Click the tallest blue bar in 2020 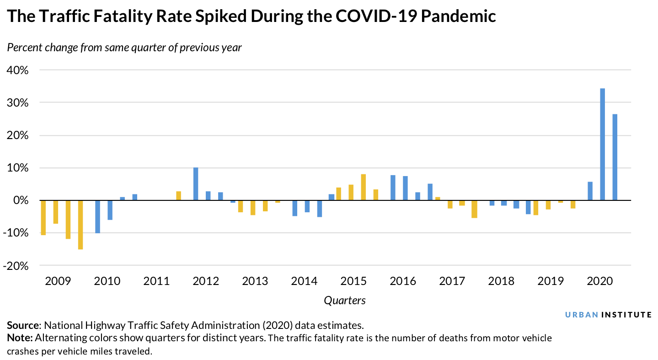point(602,144)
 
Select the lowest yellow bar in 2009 point(80,225)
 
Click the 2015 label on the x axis point(353,281)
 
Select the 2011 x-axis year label point(156,281)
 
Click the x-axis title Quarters point(345,301)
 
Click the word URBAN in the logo point(581,315)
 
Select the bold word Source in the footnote point(23,326)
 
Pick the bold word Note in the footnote point(19,339)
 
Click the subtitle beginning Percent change point(124,48)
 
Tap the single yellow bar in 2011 point(178,196)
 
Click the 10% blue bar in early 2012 point(196,184)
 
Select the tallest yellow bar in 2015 point(364,187)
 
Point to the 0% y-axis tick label point(21,201)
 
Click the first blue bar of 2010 point(97,217)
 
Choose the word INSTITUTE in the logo point(626,315)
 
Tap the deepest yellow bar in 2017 point(474,209)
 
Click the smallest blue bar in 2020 point(590,191)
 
